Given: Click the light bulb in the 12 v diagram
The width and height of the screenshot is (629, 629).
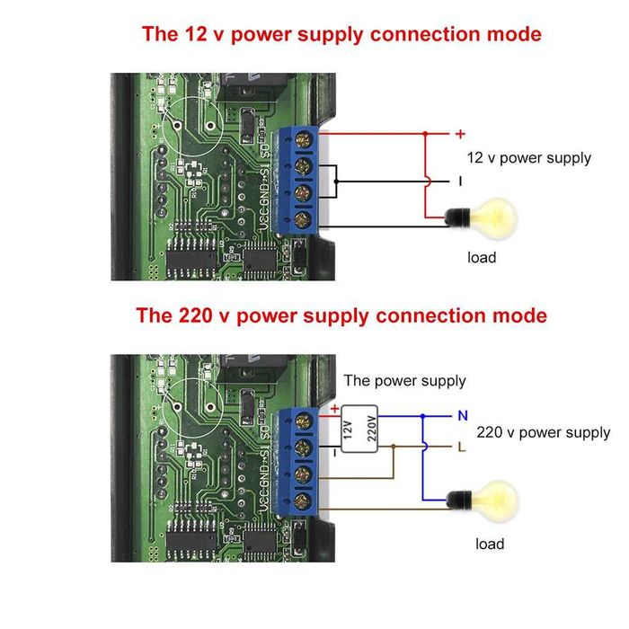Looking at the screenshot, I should click(x=490, y=216).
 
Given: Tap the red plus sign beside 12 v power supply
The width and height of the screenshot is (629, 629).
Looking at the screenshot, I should click(x=460, y=135).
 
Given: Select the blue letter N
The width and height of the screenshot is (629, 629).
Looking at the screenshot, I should click(x=463, y=416).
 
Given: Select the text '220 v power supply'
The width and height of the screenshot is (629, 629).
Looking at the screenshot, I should click(x=543, y=432).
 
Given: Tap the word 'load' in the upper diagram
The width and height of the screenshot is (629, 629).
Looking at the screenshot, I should click(x=482, y=258).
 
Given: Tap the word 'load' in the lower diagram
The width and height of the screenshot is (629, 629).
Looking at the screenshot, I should click(x=490, y=544).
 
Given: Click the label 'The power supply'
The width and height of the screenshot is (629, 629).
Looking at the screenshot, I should click(x=404, y=381).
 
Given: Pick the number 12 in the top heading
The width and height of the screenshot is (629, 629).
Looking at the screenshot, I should click(x=196, y=35).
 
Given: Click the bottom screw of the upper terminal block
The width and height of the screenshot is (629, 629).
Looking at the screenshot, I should click(x=302, y=218).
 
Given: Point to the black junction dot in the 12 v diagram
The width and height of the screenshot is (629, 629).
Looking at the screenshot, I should click(x=336, y=182).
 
